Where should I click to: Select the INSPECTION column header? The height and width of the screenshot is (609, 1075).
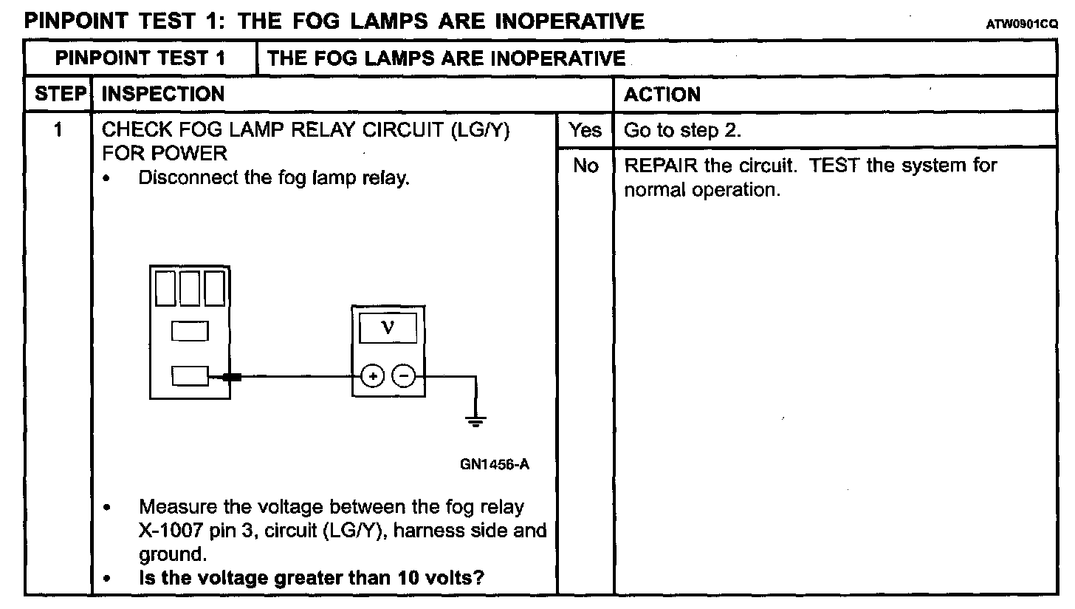tap(162, 95)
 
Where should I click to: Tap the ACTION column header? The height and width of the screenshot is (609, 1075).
tap(662, 95)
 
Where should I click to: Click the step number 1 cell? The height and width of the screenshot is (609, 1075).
tap(58, 131)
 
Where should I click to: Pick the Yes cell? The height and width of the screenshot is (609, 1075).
tap(585, 131)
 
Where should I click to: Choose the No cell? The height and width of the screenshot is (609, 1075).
tap(585, 166)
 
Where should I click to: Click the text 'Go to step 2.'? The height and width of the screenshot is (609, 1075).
tap(682, 131)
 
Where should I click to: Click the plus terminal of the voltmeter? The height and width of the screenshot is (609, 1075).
tap(373, 376)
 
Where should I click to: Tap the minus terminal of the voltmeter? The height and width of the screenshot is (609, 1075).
tap(403, 376)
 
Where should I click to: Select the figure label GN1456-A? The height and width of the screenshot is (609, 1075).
tap(494, 464)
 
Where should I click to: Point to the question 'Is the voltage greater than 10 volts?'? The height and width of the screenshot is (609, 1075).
tap(311, 577)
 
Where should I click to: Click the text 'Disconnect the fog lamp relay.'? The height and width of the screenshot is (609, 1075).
tap(273, 178)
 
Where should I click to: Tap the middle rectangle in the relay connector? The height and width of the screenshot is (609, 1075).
tap(190, 330)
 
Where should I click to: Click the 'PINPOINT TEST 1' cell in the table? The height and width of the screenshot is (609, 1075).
tap(140, 58)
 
